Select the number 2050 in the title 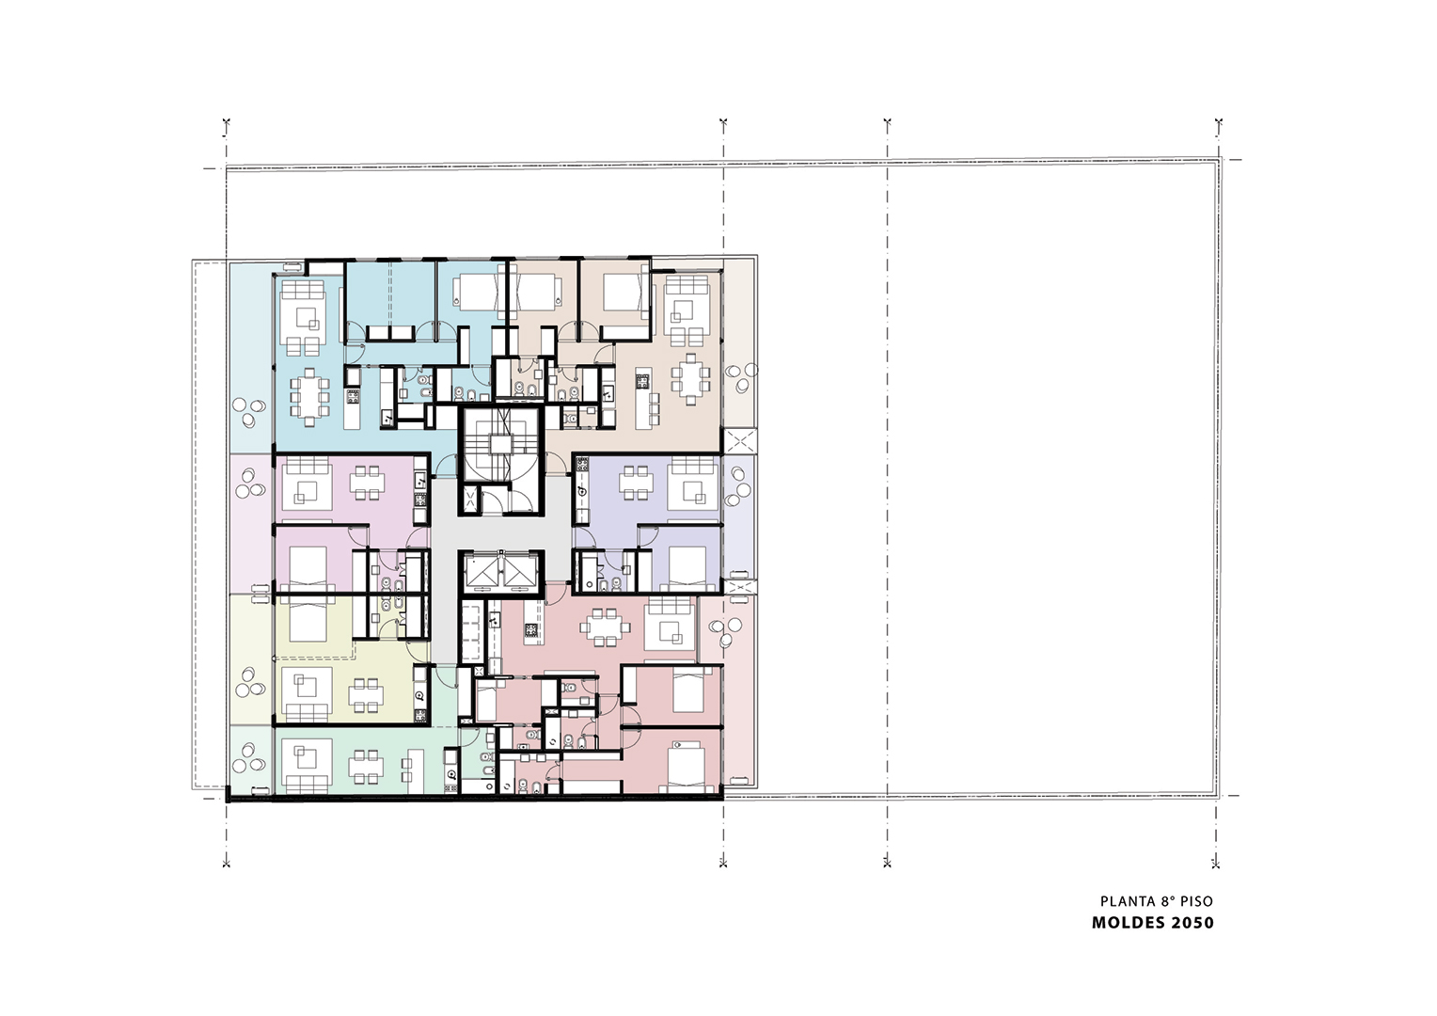(1191, 923)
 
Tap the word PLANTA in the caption (1124, 901)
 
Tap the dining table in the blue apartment (309, 397)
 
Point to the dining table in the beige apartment (690, 379)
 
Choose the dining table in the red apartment (600, 626)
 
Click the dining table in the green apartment (367, 767)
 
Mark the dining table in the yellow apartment (367, 696)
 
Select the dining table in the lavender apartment (635, 483)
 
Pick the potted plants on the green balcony (249, 759)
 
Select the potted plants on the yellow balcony (249, 683)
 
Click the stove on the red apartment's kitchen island (532, 631)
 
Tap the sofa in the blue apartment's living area (304, 290)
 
